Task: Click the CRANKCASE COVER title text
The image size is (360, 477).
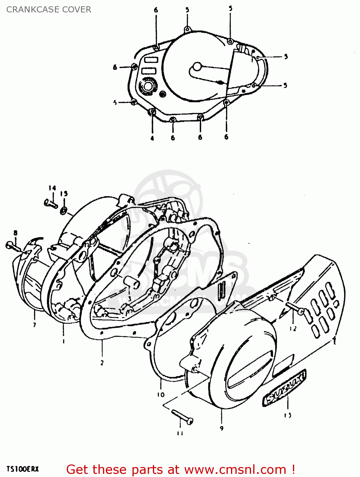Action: tap(49, 10)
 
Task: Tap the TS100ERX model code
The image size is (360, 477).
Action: tap(22, 469)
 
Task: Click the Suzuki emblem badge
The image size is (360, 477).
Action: tap(284, 389)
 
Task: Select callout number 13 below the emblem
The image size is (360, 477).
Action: tap(288, 415)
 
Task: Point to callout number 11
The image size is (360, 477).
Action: tap(180, 433)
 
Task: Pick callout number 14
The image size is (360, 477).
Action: tap(52, 188)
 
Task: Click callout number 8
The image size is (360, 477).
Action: tap(15, 233)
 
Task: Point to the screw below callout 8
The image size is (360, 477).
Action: tap(13, 246)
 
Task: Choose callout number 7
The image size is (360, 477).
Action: tap(34, 325)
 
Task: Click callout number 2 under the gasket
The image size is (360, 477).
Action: tap(102, 363)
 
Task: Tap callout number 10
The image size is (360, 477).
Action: tap(161, 395)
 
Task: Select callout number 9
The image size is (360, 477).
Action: tap(221, 428)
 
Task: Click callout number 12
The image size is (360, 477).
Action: tap(293, 328)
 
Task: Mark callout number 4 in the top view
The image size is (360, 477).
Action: tap(152, 138)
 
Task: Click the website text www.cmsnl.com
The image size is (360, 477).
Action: tap(235, 469)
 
